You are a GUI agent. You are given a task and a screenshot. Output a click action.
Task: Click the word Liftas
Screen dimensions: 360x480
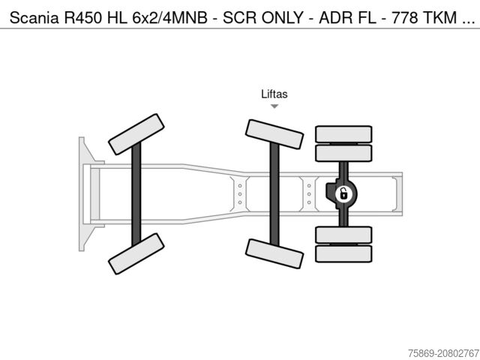point(274,94)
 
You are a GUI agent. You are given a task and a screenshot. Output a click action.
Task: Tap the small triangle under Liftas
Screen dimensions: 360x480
point(274,106)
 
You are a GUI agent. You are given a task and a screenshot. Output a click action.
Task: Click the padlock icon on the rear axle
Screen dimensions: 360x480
point(342,194)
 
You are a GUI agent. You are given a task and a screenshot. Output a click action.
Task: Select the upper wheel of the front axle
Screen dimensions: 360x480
point(136,134)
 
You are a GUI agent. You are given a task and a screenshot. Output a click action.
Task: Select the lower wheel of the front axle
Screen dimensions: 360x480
point(136,253)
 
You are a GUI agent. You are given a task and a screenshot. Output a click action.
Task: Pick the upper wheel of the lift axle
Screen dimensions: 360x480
point(274,134)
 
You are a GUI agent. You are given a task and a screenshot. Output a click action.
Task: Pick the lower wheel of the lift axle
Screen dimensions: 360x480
point(274,253)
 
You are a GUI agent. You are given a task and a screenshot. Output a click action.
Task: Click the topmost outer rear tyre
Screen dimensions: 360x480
point(343,134)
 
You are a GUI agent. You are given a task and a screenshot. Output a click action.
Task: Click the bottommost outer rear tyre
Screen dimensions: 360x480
point(343,253)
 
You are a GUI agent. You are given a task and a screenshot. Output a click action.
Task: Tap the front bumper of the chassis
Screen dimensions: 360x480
point(82,194)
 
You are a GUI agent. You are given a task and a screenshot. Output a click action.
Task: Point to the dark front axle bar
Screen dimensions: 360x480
point(136,194)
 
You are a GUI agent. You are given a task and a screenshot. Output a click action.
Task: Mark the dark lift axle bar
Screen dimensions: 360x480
point(274,194)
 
